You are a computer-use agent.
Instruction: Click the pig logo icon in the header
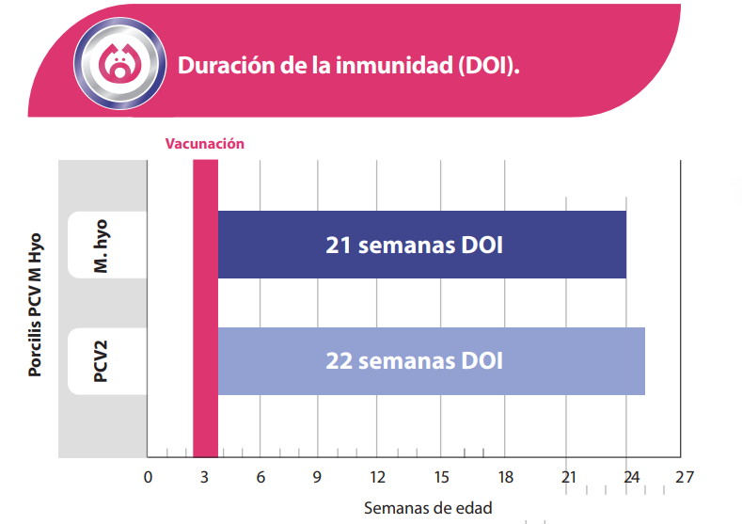(118, 64)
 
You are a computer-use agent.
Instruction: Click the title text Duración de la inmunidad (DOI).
(349, 66)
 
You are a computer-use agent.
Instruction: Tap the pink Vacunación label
(205, 144)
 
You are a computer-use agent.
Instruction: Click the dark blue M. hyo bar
(421, 245)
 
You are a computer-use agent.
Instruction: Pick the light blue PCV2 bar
(431, 361)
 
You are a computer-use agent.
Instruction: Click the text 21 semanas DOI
(414, 246)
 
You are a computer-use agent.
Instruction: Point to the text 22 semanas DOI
(414, 361)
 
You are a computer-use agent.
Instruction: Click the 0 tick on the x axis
(148, 478)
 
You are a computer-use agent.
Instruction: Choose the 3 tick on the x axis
(204, 478)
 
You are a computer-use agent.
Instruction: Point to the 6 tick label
(260, 478)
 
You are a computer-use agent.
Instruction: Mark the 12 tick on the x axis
(377, 478)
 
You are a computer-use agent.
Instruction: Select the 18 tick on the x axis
(505, 478)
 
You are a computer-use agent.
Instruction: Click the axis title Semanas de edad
(428, 508)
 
